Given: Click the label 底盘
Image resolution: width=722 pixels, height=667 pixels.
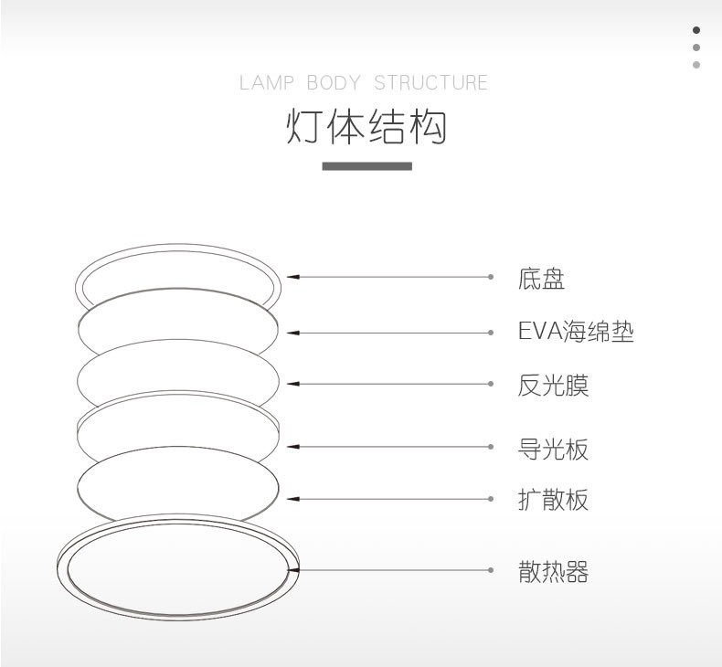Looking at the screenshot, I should point(541,279).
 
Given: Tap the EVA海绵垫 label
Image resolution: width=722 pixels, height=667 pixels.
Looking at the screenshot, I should point(576,332).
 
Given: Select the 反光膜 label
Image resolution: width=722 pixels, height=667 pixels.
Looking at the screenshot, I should point(553,386).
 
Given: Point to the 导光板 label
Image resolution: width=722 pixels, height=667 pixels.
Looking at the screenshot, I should point(553,449).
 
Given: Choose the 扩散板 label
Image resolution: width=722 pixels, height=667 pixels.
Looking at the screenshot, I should point(553,500).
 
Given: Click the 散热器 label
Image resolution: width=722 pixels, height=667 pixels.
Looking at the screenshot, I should point(553,573).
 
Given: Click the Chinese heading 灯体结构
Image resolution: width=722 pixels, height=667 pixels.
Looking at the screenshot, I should point(366,127).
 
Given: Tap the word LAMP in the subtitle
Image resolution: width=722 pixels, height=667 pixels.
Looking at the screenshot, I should point(267,83).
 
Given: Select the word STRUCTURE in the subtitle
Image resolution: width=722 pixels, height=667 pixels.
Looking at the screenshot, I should point(430,83).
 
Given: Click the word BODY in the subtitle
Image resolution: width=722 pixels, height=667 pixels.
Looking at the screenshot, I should point(334,83).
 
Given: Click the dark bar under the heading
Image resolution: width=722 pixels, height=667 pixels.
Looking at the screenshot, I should point(366,166).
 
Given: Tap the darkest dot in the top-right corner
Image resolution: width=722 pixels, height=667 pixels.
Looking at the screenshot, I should point(696,30).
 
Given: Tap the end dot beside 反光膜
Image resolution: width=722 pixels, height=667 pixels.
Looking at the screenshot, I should point(491,384).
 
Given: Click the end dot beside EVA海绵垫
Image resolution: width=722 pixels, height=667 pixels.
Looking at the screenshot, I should point(491,333).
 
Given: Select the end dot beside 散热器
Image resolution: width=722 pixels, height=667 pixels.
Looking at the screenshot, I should point(491,570).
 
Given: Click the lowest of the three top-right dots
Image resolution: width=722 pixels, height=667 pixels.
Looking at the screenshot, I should point(696,65).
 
